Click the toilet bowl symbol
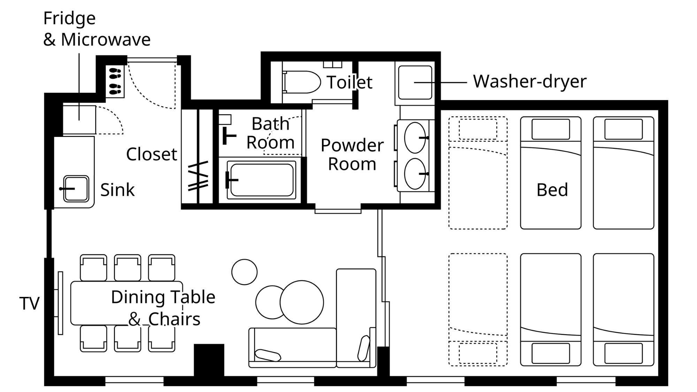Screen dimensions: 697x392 (x=302, y=82)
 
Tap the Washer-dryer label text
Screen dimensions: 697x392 (x=530, y=82)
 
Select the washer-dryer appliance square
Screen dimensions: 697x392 (x=415, y=83)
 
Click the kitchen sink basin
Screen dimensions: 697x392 (x=76, y=189)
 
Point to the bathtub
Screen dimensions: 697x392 (x=261, y=180)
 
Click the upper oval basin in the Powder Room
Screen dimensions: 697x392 (x=415, y=138)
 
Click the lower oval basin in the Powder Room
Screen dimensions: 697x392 (x=415, y=174)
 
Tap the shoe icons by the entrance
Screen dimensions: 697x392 (x=115, y=81)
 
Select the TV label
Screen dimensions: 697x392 (x=29, y=303)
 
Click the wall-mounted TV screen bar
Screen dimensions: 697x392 (x=60, y=303)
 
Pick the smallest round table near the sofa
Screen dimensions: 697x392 (x=244, y=272)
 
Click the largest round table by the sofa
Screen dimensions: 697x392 (x=301, y=302)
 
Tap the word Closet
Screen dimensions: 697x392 (x=151, y=154)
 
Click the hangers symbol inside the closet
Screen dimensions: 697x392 (x=198, y=176)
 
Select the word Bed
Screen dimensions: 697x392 (x=552, y=190)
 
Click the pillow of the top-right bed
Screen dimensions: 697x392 (x=623, y=129)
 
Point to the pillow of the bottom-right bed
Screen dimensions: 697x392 (x=623, y=353)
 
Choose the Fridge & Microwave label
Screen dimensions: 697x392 (x=97, y=29)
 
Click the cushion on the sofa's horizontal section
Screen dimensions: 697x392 (x=268, y=355)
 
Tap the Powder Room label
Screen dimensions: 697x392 (x=352, y=154)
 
